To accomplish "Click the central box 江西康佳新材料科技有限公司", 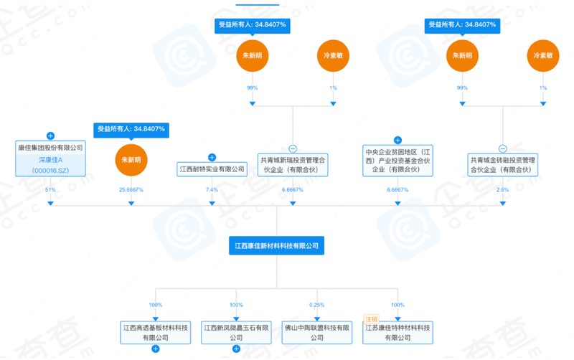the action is click(x=276, y=245).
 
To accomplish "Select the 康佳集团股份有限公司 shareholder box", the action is click(x=50, y=158).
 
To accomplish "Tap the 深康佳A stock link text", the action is click(x=50, y=160).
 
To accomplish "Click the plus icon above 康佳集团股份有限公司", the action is click(x=50, y=136).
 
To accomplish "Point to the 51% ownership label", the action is click(x=50, y=189).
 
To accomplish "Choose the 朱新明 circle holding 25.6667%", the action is click(x=131, y=160).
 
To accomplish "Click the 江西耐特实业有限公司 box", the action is click(x=212, y=169).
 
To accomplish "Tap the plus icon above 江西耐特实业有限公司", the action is click(x=212, y=157).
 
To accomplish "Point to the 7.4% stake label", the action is click(x=212, y=189).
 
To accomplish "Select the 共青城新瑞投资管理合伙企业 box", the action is click(x=293, y=165).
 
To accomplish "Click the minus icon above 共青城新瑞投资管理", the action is click(x=293, y=148).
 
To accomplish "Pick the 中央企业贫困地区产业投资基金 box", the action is click(x=397, y=161).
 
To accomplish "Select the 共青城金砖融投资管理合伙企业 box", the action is click(x=503, y=165).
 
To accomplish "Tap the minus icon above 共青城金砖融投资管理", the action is click(x=503, y=148).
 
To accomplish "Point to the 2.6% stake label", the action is click(x=503, y=189).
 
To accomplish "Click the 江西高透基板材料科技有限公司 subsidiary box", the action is click(x=156, y=333).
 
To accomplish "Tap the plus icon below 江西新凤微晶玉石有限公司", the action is click(x=236, y=349).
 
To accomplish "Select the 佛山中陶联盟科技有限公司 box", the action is click(x=317, y=333).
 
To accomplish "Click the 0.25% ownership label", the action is click(x=317, y=305).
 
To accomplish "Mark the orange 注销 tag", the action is click(x=371, y=319).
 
